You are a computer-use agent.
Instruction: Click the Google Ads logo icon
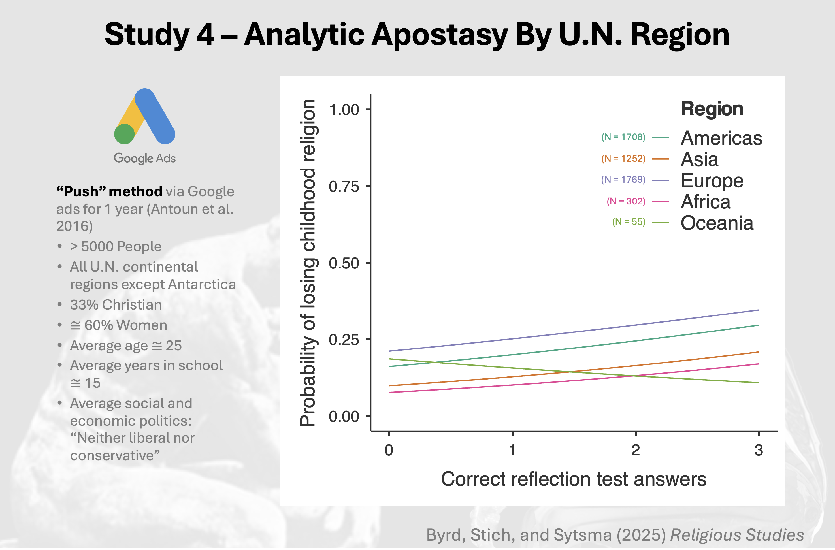(x=144, y=116)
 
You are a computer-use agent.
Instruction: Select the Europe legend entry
(x=712, y=181)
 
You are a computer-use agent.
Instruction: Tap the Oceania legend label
(x=717, y=223)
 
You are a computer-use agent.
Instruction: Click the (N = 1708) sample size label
(x=623, y=137)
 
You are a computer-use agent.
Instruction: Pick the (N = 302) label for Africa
(x=626, y=201)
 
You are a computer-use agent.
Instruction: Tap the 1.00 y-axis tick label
(x=344, y=110)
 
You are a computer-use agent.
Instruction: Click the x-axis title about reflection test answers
(x=573, y=479)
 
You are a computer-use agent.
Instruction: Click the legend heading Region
(x=712, y=109)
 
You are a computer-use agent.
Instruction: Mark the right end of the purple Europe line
(x=758, y=310)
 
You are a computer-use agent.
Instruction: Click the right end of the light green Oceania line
(x=758, y=383)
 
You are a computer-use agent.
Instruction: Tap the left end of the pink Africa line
(x=390, y=392)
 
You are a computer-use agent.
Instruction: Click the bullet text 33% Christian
(x=116, y=305)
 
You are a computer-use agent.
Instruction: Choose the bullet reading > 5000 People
(x=116, y=247)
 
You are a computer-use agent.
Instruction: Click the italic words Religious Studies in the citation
(x=737, y=535)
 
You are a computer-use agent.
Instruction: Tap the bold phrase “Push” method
(x=109, y=191)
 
